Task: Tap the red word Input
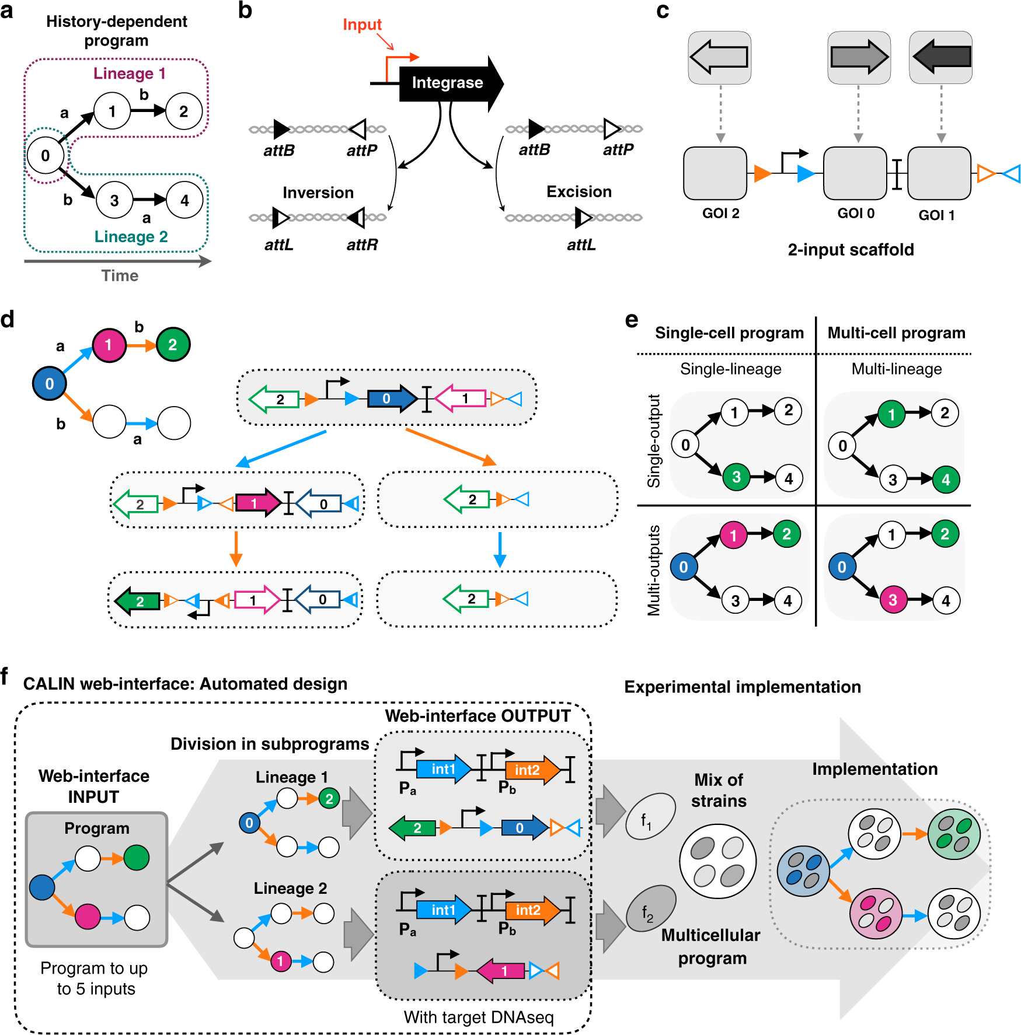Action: [x=362, y=25]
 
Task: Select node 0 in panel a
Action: [x=46, y=156]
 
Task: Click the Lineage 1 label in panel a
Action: [x=130, y=74]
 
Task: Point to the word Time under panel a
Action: [x=120, y=275]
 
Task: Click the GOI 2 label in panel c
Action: [x=720, y=214]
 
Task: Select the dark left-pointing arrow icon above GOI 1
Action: [x=940, y=57]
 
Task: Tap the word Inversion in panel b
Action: [x=318, y=193]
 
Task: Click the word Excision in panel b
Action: [x=579, y=192]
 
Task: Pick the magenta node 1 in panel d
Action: [x=109, y=345]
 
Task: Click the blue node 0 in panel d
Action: [x=50, y=383]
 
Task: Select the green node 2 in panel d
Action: [x=173, y=344]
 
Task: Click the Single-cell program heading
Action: [x=729, y=333]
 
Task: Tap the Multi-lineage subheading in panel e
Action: [x=897, y=369]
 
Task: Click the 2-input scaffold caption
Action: [x=851, y=250]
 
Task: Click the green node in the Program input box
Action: [x=137, y=858]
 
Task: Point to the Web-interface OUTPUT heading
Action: [x=478, y=716]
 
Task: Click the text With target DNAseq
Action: [x=479, y=1017]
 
